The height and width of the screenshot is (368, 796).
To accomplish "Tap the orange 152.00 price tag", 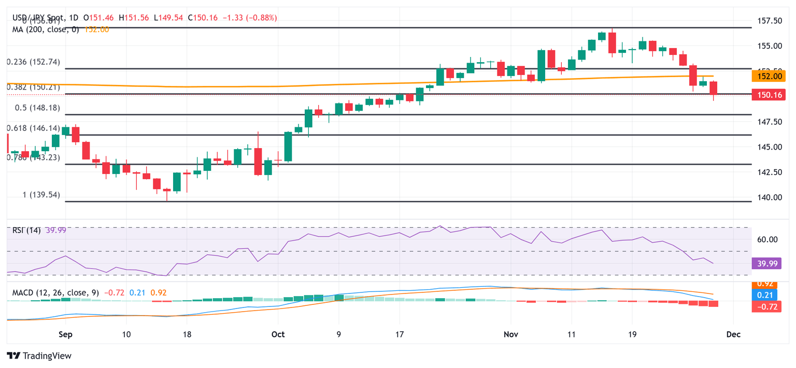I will click(x=768, y=76).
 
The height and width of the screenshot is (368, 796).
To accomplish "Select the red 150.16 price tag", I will click(x=768, y=94).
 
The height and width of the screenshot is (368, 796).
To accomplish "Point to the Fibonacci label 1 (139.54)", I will click(x=41, y=195).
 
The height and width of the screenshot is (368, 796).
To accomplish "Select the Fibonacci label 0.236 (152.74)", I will click(x=33, y=62).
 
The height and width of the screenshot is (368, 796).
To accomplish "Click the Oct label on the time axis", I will click(x=278, y=334).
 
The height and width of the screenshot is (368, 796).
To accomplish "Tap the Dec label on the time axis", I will click(x=733, y=334).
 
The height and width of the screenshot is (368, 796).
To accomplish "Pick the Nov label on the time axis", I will click(x=510, y=334).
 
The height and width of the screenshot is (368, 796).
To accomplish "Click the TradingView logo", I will click(x=39, y=356).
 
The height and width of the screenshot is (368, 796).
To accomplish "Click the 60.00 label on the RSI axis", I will click(x=767, y=239).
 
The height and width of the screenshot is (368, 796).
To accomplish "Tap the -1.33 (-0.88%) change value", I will click(x=250, y=18).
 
